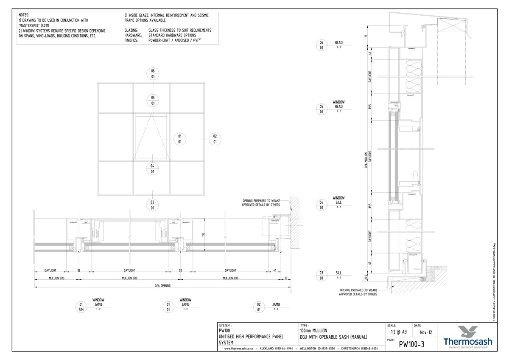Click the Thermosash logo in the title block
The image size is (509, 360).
pyautogui.click(x=467, y=335)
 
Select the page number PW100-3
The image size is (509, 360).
pyautogui.click(x=411, y=344)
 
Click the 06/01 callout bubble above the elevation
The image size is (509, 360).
pyautogui.click(x=152, y=73)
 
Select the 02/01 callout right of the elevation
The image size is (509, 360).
pyautogui.click(x=215, y=139)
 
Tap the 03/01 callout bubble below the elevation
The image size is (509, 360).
pyautogui.click(x=152, y=205)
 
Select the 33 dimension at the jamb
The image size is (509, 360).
pyautogui.click(x=286, y=278)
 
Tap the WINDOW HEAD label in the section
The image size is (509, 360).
pyautogui.click(x=338, y=104)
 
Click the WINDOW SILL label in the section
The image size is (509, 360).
pyautogui.click(x=338, y=200)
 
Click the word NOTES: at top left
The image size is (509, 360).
pyautogui.click(x=24, y=14)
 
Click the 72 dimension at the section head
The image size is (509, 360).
pyautogui.click(x=366, y=37)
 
